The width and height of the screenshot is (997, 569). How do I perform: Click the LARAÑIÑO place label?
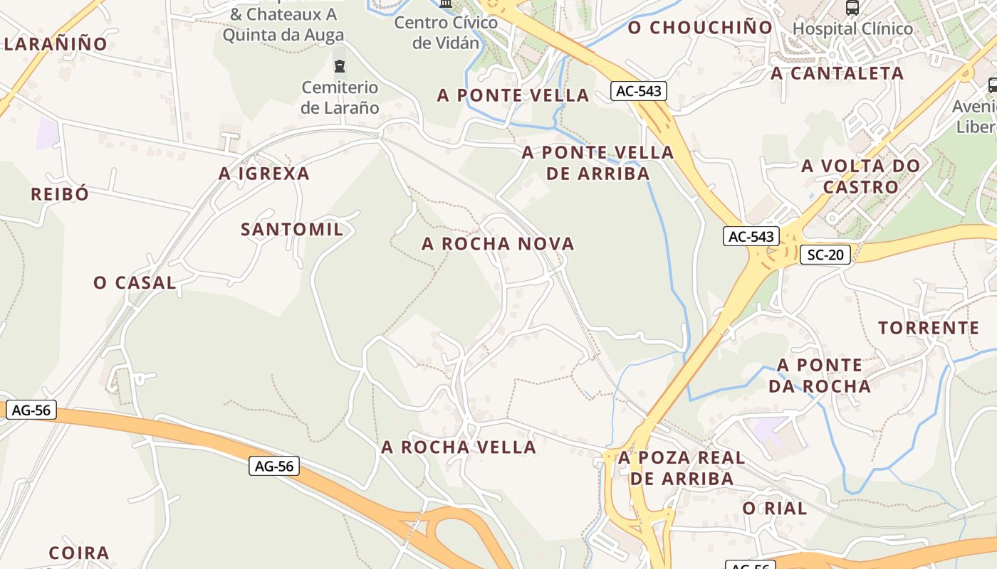(56, 44)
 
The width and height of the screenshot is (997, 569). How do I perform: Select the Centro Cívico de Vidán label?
(446, 33)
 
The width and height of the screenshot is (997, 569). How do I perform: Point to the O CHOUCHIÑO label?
(700, 28)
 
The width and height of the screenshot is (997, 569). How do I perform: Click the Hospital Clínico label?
(852, 29)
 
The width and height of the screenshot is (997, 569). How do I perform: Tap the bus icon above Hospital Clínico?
(852, 8)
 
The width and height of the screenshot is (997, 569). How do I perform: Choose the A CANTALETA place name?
(837, 73)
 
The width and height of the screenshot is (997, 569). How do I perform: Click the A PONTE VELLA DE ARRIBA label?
(597, 163)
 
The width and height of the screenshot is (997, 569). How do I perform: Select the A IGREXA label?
(264, 174)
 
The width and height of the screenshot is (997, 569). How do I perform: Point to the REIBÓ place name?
(60, 194)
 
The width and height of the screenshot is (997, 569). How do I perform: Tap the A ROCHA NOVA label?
(498, 244)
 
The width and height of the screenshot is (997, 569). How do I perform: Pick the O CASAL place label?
(135, 282)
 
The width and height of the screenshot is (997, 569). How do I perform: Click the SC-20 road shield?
(825, 255)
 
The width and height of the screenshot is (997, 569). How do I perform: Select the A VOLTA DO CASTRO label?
(860, 176)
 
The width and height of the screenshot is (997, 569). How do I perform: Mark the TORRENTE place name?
(929, 328)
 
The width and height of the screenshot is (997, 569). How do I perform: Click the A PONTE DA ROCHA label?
(823, 376)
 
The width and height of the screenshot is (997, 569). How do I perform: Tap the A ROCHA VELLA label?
(459, 447)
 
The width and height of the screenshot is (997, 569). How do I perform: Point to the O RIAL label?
(775, 509)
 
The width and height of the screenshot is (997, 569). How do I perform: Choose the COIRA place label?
(79, 553)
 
